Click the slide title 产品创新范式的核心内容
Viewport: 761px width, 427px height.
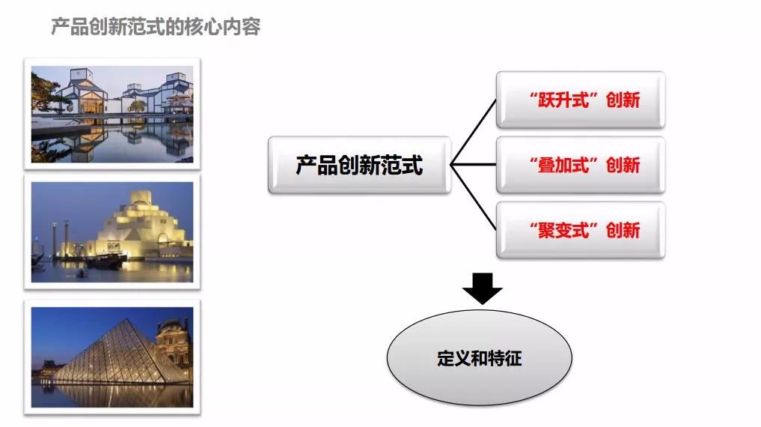pos(156,28)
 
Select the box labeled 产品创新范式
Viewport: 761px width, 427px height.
pos(359,165)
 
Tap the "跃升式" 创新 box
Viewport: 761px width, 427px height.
pos(580,100)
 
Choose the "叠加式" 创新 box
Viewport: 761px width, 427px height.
pos(580,165)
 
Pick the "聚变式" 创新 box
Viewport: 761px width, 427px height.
pos(580,230)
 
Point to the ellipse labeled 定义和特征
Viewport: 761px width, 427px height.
pos(479,357)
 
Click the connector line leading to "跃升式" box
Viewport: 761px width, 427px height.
pos(473,132)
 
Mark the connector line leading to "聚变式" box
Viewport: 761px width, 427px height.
pos(473,198)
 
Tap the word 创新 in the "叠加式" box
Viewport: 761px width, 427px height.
pos(623,165)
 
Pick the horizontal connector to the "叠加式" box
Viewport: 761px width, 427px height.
pos(474,165)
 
